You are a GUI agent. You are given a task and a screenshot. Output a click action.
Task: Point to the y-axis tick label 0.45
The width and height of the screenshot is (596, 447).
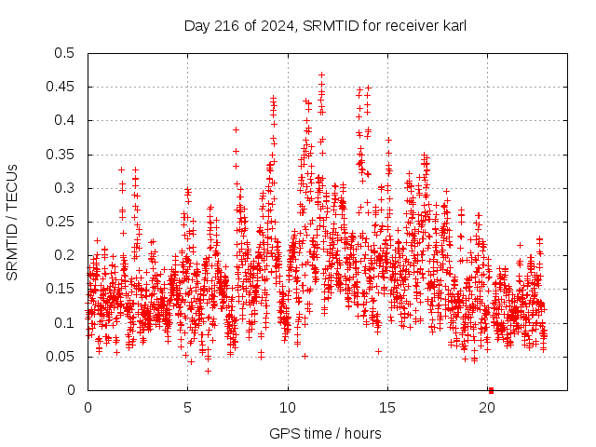point(62,87)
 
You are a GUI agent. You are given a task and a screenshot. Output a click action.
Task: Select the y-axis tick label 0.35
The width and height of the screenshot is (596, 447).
point(62,155)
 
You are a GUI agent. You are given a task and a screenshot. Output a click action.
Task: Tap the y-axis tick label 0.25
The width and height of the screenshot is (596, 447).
point(62,222)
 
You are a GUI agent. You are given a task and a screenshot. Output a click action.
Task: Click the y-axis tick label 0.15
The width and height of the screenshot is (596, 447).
point(62,289)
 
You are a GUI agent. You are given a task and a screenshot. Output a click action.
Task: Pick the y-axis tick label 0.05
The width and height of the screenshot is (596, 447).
point(62,357)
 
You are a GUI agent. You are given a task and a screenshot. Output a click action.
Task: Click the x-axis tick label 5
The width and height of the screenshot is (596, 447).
point(188,408)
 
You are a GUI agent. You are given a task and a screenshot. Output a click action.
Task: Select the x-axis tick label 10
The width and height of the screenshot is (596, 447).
point(288,408)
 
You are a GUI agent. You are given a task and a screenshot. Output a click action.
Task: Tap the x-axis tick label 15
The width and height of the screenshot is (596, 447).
point(387,408)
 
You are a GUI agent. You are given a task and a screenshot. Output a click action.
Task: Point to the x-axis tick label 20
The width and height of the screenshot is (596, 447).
point(488,408)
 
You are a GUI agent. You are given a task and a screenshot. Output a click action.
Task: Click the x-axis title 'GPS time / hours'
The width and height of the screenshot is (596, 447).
point(326,433)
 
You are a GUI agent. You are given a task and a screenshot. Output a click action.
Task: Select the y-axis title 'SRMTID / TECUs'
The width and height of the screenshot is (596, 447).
point(12,222)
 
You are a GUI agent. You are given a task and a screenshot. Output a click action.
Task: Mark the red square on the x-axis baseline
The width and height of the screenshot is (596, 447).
point(491,389)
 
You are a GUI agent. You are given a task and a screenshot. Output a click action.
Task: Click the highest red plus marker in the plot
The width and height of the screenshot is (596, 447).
point(321,74)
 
